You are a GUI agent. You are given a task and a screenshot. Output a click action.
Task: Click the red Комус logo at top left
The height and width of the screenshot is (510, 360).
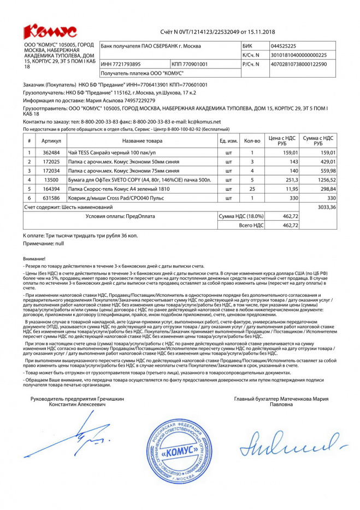click(x=50, y=31)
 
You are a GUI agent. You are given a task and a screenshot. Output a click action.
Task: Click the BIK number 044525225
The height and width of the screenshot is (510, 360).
click(x=284, y=46)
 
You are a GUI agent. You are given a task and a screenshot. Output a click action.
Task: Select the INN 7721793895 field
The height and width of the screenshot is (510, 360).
click(x=121, y=65)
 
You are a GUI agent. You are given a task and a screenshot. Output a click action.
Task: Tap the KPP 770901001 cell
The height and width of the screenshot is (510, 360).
click(x=191, y=65)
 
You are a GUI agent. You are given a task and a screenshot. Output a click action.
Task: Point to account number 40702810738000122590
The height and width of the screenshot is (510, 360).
click(x=299, y=65)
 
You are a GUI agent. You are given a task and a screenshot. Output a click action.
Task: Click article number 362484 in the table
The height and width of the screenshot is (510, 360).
click(x=51, y=153)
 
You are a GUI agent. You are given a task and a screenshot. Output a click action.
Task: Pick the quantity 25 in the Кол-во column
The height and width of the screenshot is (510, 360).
click(x=252, y=188)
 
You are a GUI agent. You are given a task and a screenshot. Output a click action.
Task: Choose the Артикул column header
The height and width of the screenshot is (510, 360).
click(x=51, y=140)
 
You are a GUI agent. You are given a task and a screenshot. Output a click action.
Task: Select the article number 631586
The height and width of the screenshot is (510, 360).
click(x=51, y=197)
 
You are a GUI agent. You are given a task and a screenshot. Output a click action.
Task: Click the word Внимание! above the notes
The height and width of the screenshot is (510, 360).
click(x=35, y=258)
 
